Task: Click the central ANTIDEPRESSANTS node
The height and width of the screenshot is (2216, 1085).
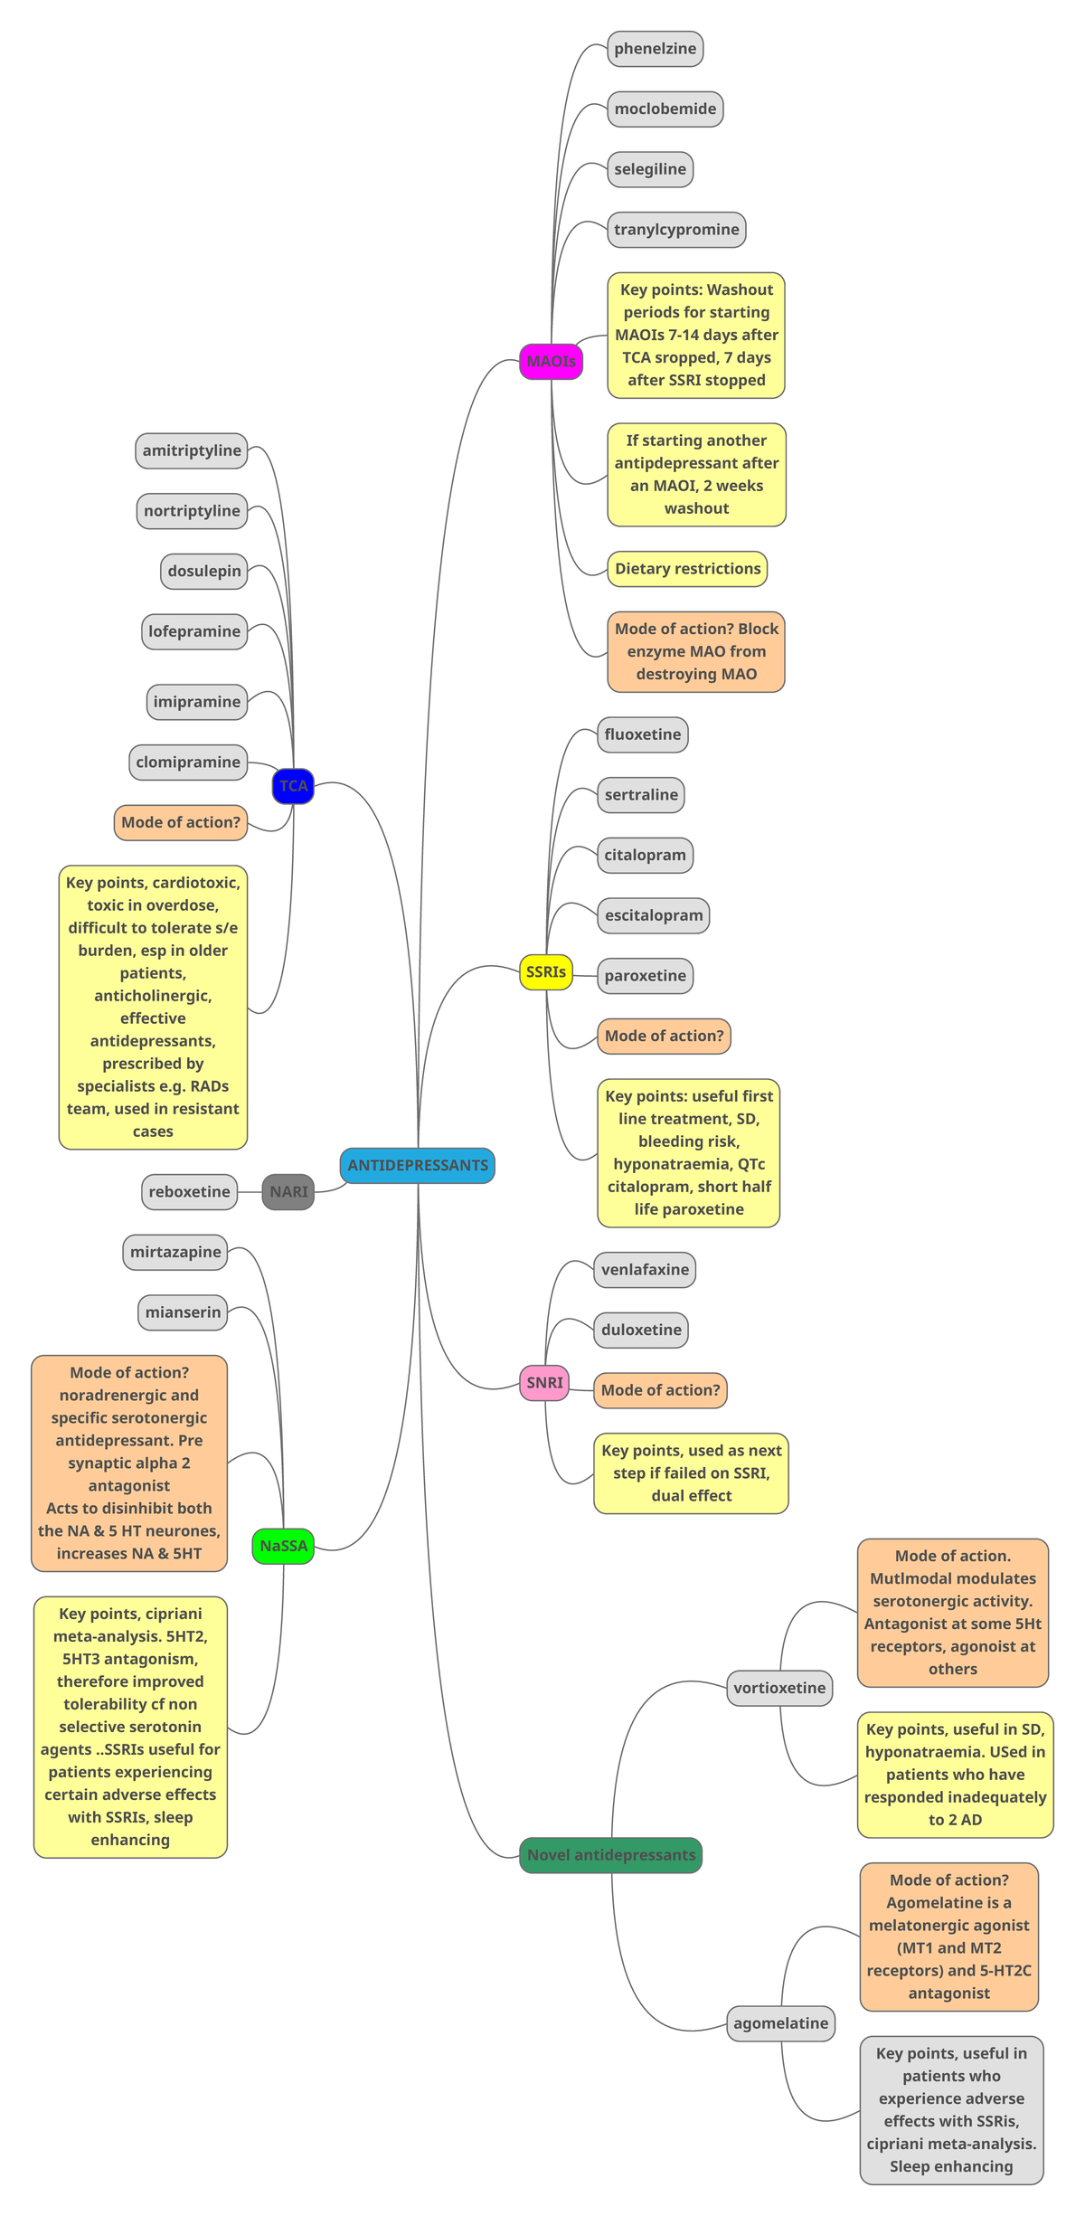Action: tap(417, 1165)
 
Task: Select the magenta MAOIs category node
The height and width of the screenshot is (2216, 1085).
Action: tap(551, 362)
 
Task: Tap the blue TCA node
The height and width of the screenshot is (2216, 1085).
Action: tap(293, 786)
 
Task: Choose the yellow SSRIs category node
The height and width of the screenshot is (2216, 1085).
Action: tap(546, 972)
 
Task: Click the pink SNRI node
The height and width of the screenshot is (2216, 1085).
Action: tap(544, 1383)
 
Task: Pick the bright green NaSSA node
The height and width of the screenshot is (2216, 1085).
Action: tap(283, 1546)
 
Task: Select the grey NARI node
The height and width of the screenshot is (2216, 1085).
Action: tap(288, 1192)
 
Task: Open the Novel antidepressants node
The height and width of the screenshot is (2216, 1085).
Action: tap(610, 1855)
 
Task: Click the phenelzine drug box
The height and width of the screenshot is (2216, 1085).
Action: tap(655, 49)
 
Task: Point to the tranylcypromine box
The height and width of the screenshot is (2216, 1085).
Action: tap(676, 230)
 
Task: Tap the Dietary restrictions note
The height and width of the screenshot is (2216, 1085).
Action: tap(687, 569)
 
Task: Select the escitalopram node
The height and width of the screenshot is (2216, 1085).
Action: tap(653, 915)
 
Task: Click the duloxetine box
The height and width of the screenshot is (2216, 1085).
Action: tap(641, 1330)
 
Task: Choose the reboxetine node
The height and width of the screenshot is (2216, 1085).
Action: tap(189, 1192)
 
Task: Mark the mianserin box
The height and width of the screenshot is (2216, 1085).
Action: tap(183, 1312)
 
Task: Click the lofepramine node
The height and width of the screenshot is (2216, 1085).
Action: tap(194, 631)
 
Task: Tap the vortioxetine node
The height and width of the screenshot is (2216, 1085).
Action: tap(779, 1688)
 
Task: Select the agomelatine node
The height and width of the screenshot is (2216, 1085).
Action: tap(780, 2023)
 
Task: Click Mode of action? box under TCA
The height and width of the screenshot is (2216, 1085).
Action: tap(181, 822)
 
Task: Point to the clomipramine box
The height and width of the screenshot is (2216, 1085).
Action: tap(188, 762)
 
